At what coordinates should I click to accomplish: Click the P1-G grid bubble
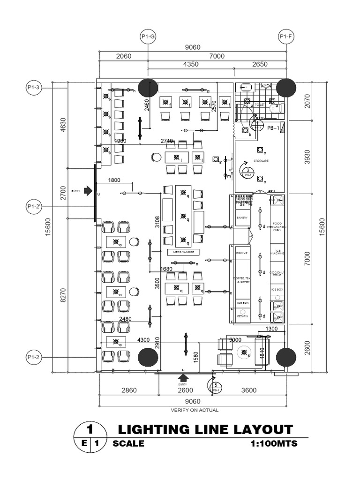click(x=148, y=36)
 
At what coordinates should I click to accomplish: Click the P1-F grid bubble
click(x=285, y=36)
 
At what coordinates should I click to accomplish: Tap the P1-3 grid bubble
click(x=34, y=88)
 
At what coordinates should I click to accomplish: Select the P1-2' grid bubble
click(x=34, y=206)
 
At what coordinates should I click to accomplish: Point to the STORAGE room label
click(x=261, y=161)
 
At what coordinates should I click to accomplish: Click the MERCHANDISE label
click(x=183, y=252)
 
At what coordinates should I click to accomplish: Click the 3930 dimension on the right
click(x=307, y=159)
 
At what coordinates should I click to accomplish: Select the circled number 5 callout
click(x=216, y=387)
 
